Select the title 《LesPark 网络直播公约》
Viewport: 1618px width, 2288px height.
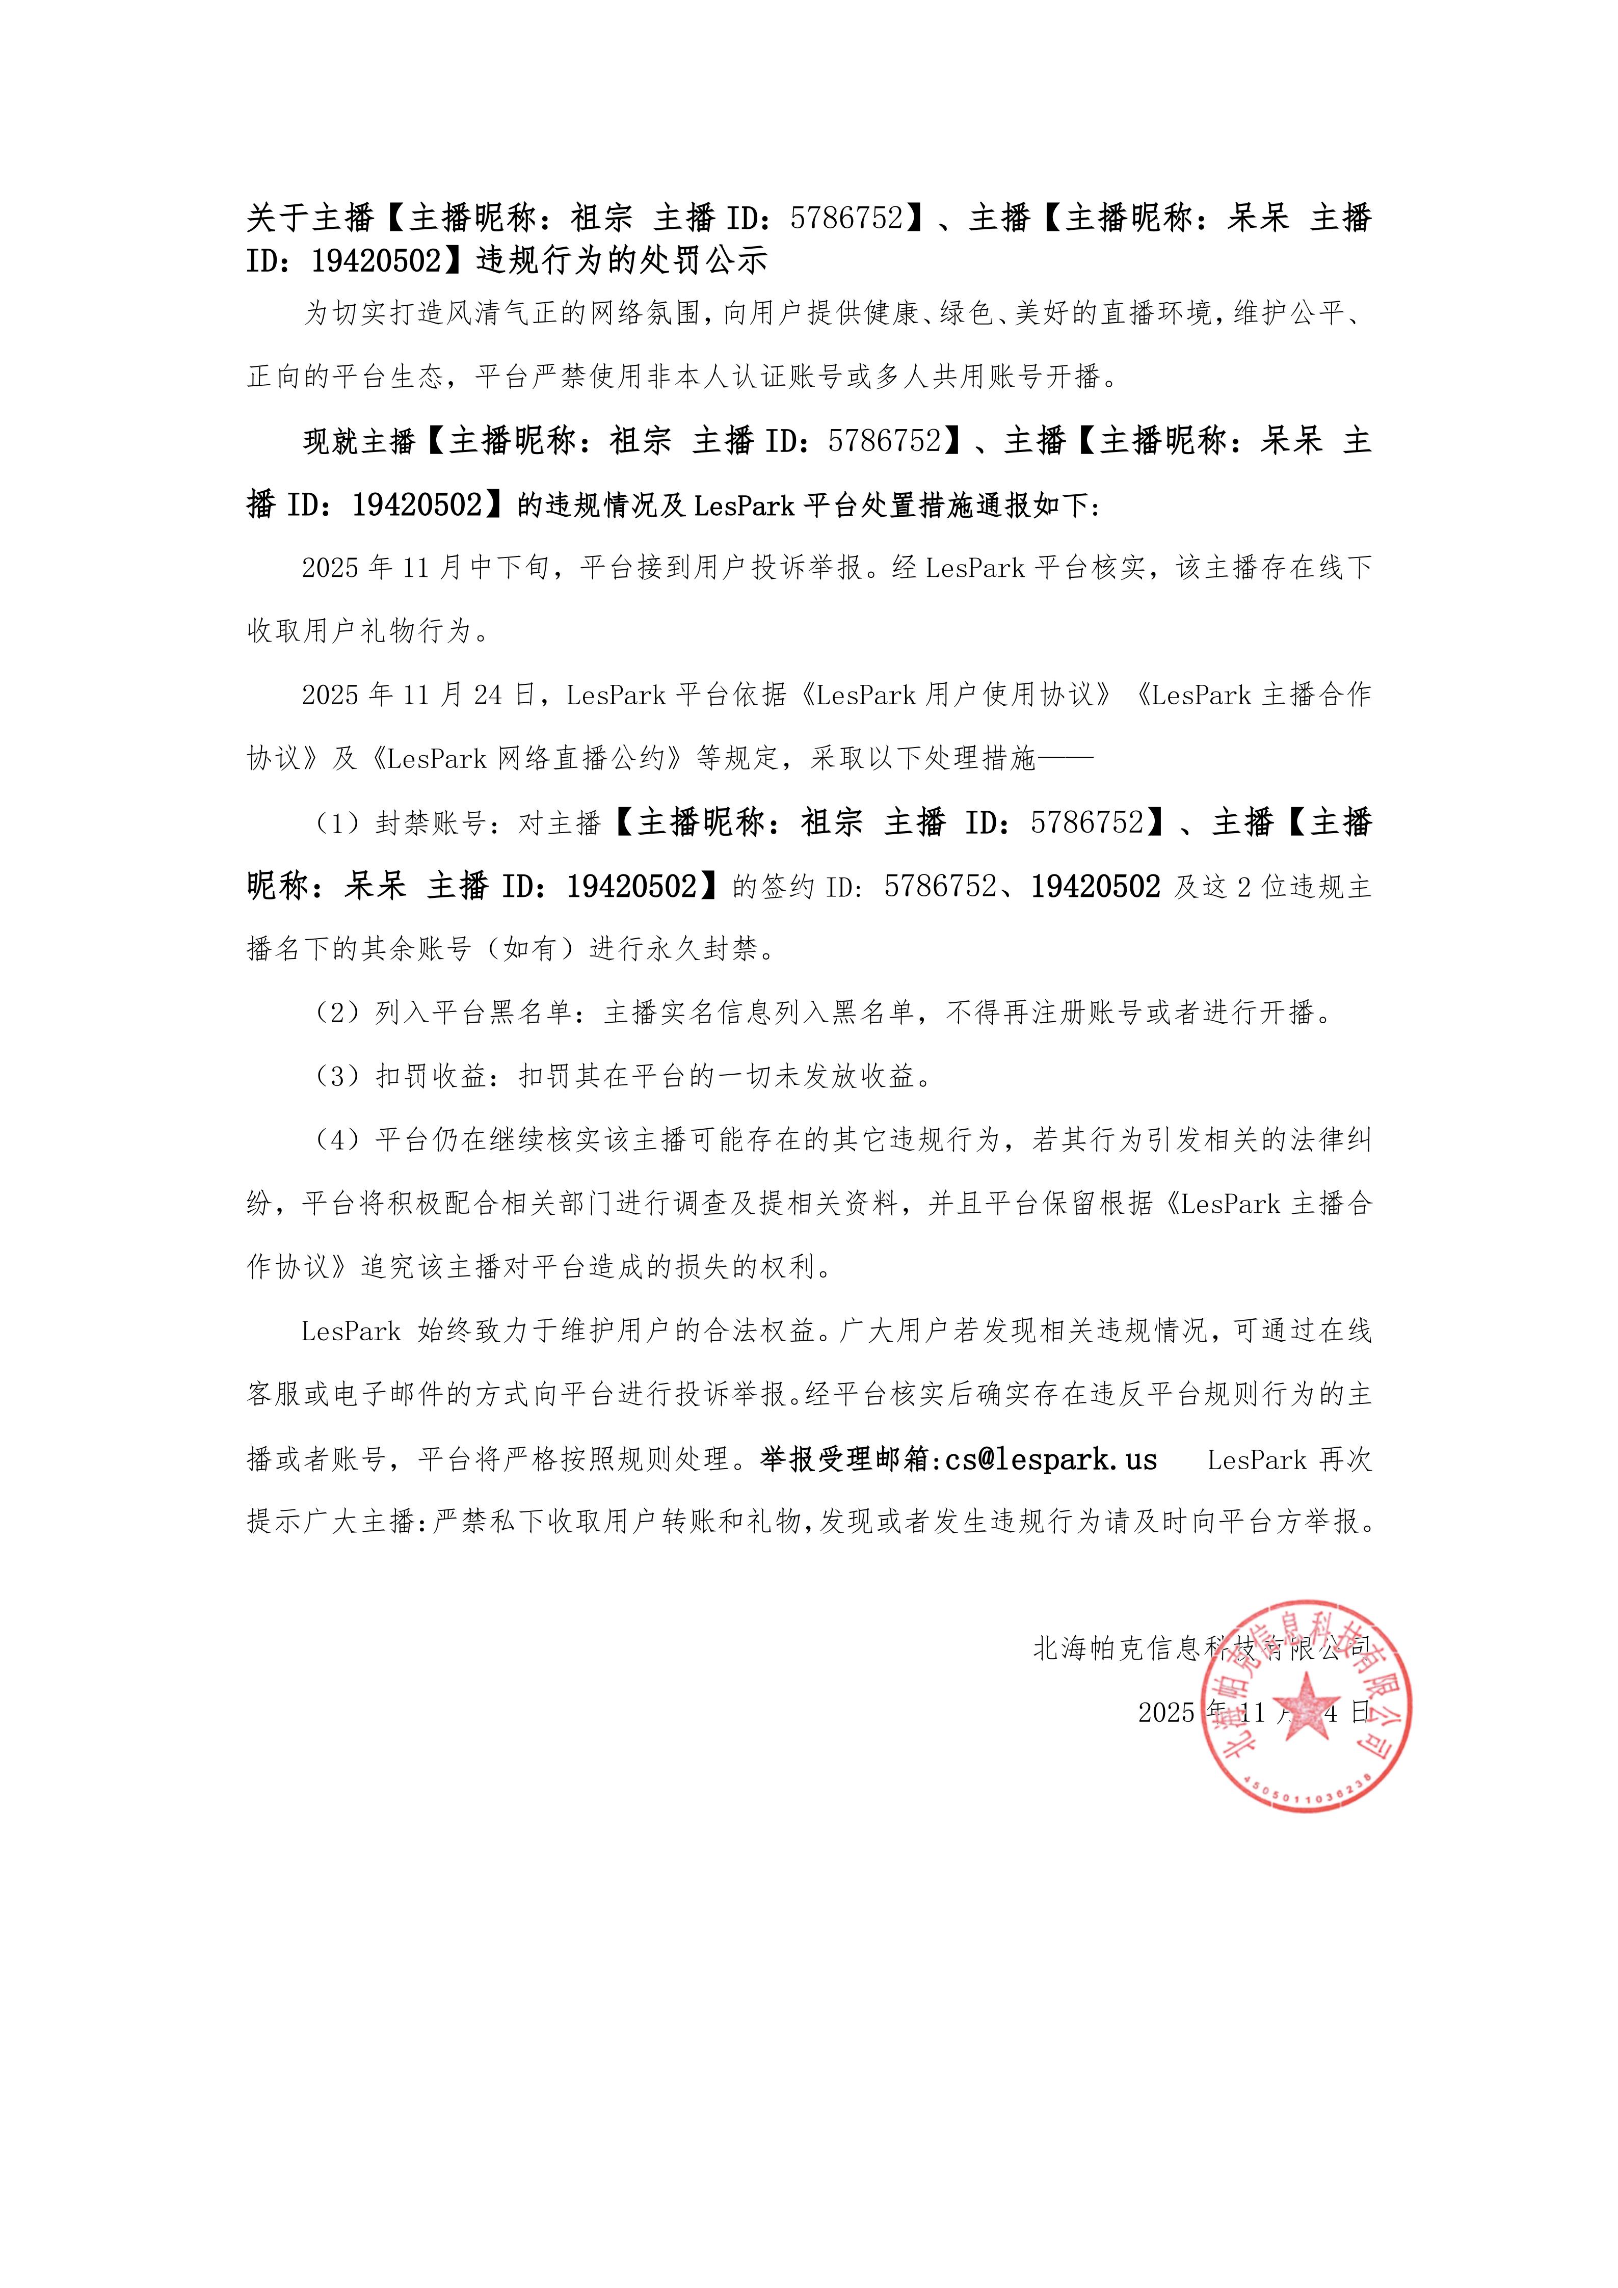pos(524,759)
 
